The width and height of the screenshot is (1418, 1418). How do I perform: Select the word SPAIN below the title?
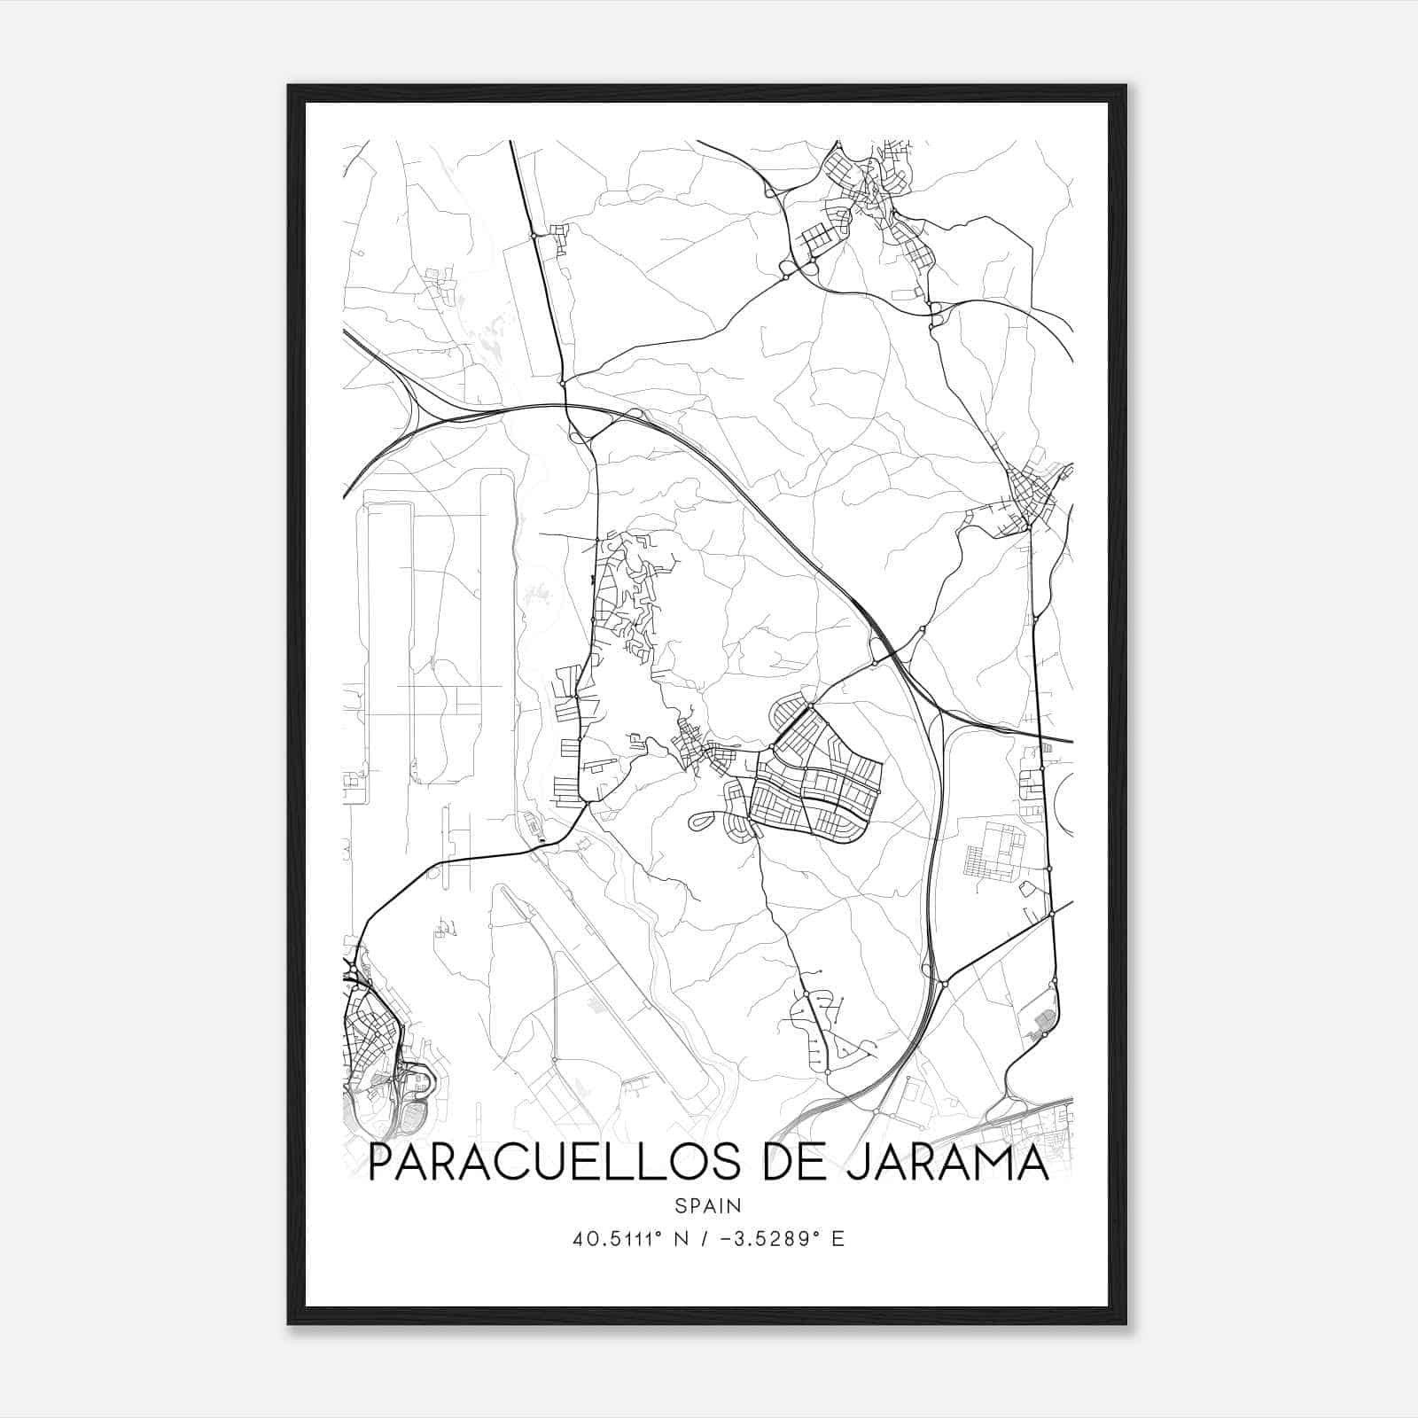click(708, 1205)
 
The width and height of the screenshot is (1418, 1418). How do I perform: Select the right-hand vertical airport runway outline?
click(497, 638)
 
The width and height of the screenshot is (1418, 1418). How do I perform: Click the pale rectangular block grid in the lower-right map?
click(993, 851)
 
